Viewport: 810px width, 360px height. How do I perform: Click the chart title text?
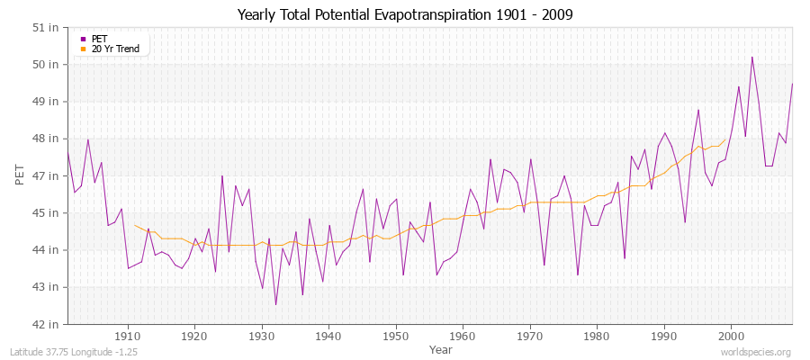pos(404,14)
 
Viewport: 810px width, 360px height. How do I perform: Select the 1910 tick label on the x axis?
pos(128,337)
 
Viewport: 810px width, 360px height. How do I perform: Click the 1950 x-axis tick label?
pos(395,337)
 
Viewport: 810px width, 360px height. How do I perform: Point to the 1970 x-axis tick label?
pos(529,337)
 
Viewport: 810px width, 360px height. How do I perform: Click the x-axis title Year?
pos(441,349)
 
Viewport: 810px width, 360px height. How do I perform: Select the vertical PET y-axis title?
pos(21,175)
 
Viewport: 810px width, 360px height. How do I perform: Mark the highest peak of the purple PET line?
pos(751,58)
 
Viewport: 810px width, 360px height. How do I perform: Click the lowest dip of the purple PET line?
pos(275,305)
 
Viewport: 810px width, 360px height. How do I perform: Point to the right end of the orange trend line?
pos(725,139)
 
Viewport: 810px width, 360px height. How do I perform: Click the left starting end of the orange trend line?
pos(134,225)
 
